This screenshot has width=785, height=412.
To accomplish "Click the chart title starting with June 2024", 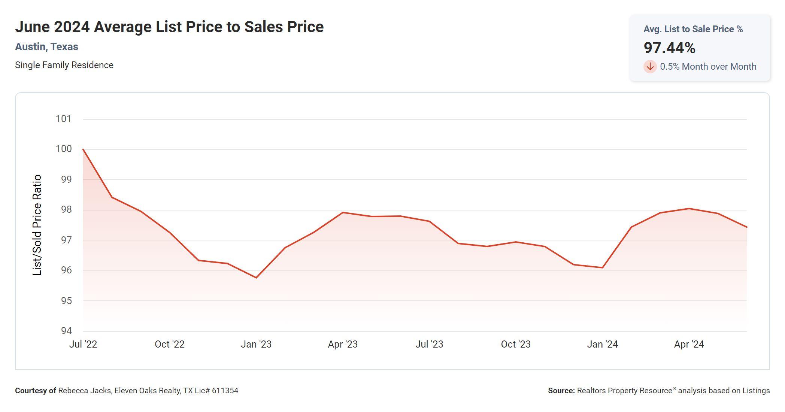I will click(169, 27).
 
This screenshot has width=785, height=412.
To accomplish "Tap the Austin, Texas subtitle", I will click(46, 47).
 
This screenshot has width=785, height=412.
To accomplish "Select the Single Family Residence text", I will click(64, 65).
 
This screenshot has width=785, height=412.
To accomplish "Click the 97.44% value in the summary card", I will click(669, 48).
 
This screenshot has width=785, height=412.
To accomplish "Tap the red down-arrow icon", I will click(650, 67).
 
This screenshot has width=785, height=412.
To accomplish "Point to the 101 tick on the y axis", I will click(64, 119).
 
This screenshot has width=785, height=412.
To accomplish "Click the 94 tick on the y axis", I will click(66, 331).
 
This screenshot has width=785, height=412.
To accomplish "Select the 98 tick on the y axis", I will click(66, 209).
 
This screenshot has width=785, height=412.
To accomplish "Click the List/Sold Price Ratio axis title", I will click(37, 225).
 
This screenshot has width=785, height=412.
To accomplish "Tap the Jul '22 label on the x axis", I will click(83, 344).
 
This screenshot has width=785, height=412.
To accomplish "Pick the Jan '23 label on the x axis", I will click(256, 344).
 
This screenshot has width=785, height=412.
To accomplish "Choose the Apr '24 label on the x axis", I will click(689, 344).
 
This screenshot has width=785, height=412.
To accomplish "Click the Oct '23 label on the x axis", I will click(516, 344).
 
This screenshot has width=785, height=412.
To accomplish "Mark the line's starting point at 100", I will click(83, 149).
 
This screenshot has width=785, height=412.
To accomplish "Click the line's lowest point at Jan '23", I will click(256, 278).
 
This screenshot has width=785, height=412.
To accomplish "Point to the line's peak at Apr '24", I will click(689, 209).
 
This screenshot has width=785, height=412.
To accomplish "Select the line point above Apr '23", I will click(343, 213).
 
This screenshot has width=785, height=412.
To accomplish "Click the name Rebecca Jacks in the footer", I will click(85, 391).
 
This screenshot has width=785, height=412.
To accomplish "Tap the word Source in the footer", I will click(561, 391).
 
